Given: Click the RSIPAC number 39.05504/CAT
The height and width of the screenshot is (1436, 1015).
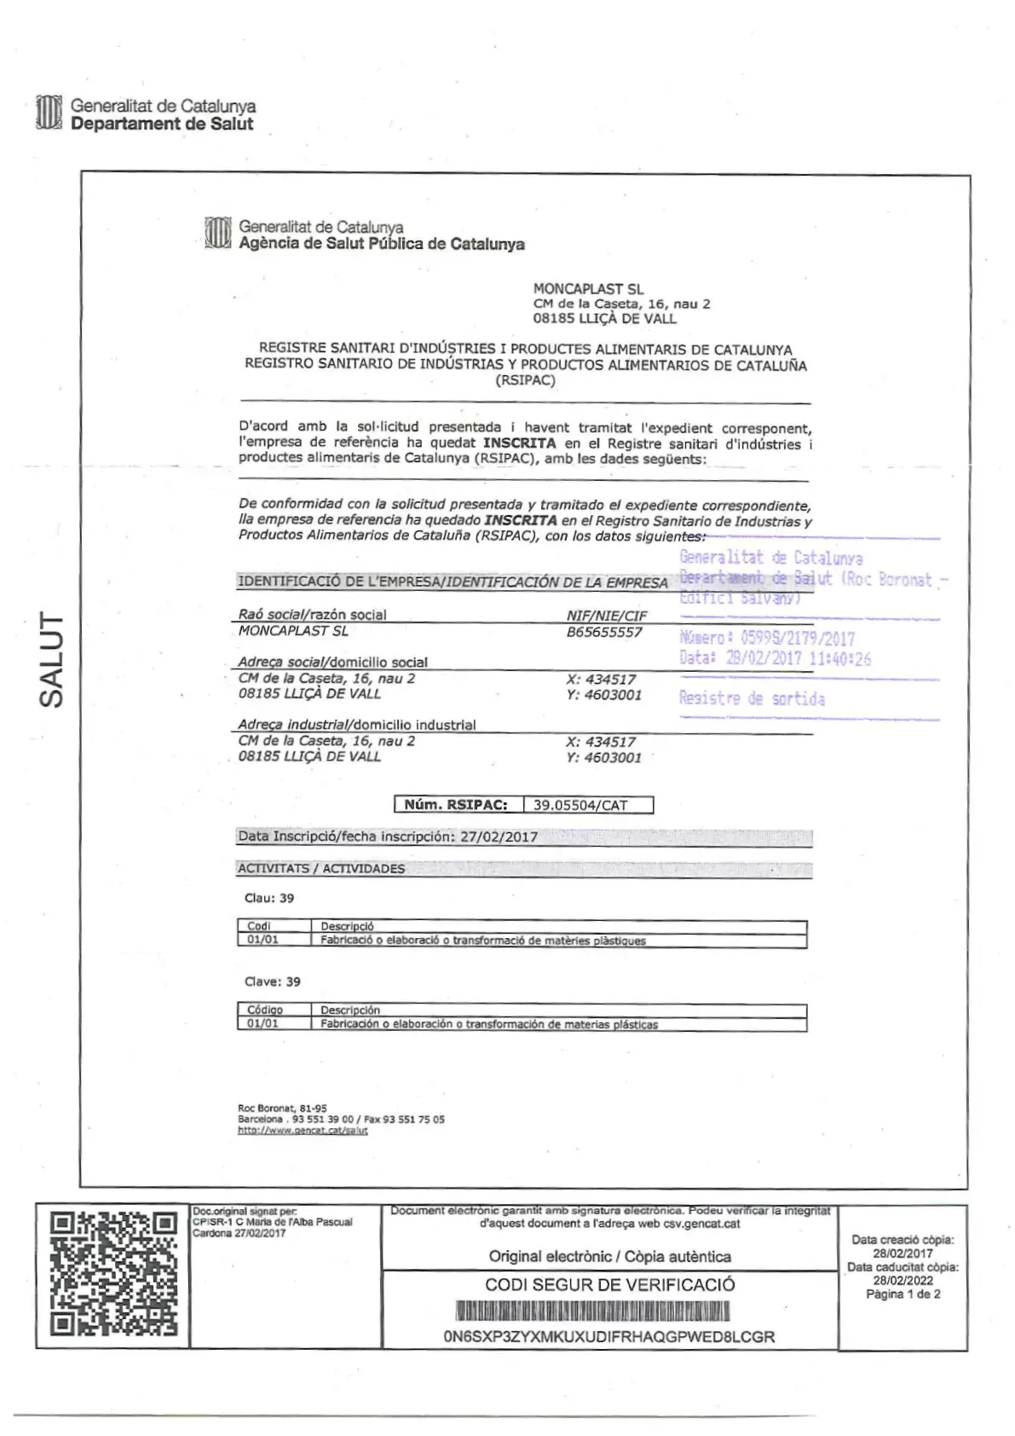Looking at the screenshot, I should tap(580, 805).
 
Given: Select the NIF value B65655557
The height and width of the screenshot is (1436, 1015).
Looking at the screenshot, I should tap(604, 632).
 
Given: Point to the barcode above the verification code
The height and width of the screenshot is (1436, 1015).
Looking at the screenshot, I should tap(593, 1311).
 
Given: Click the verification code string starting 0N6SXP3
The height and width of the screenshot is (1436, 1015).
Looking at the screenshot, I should tap(608, 1336).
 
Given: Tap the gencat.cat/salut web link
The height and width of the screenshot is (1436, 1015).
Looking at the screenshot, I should tap(303, 1131).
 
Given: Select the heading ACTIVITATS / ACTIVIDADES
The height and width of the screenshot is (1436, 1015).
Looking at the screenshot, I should tap(321, 869).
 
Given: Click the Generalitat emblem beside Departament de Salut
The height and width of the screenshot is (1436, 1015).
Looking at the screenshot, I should tap(49, 114).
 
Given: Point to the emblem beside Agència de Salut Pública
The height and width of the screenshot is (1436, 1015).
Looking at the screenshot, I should tap(218, 235).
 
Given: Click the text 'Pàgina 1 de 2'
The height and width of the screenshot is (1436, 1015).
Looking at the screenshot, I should tap(903, 1294).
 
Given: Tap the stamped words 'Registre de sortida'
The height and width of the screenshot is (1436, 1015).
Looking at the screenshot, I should tap(752, 698).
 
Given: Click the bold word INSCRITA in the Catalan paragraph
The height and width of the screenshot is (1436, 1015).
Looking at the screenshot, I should tap(519, 443).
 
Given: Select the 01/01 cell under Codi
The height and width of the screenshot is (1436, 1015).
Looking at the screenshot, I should tap(262, 940).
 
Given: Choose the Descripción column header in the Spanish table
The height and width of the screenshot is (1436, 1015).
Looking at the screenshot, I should tap(350, 1010).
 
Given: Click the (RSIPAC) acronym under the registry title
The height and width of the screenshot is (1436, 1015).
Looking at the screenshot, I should tap(525, 380).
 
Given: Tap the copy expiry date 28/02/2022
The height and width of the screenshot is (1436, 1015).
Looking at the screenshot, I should tap(903, 1281).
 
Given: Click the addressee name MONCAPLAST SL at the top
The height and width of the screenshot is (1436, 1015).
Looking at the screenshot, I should tap(588, 289).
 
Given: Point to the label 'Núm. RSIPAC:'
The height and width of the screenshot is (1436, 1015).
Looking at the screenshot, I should tap(456, 805).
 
